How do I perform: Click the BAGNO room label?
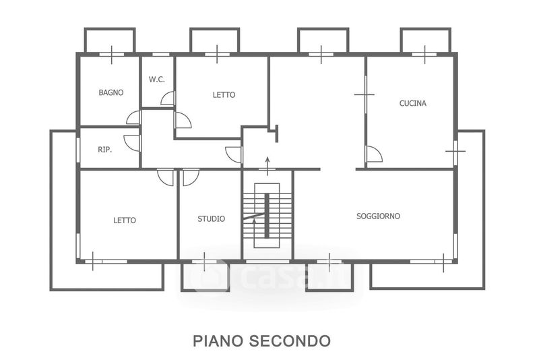[111, 92]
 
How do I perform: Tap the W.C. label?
[157, 80]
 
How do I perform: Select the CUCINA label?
[413, 103]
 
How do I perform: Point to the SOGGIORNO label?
[378, 216]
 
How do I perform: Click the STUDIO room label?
[212, 218]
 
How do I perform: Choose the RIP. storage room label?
[105, 150]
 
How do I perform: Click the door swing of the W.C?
[168, 98]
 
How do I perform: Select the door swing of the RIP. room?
[132, 143]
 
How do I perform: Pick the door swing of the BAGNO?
[133, 117]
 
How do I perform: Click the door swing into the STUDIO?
[191, 177]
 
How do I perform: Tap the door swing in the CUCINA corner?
[374, 154]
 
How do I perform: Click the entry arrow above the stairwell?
[267, 166]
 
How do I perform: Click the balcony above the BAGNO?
[110, 40]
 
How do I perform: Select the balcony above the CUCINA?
[426, 40]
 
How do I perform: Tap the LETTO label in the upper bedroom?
[224, 94]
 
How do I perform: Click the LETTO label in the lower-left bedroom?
[125, 220]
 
